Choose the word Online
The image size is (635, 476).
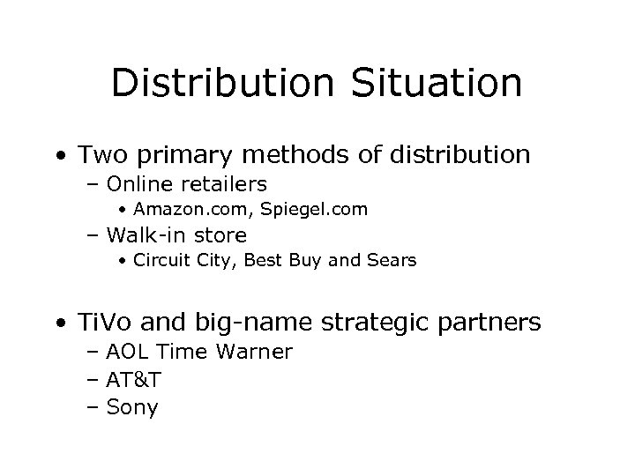tap(140, 184)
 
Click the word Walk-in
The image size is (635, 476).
tap(146, 235)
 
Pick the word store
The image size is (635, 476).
tap(221, 235)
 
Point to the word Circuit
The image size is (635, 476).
tap(159, 261)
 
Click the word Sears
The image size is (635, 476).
tap(392, 261)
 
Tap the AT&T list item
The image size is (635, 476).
tap(133, 380)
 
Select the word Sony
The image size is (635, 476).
tap(131, 408)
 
